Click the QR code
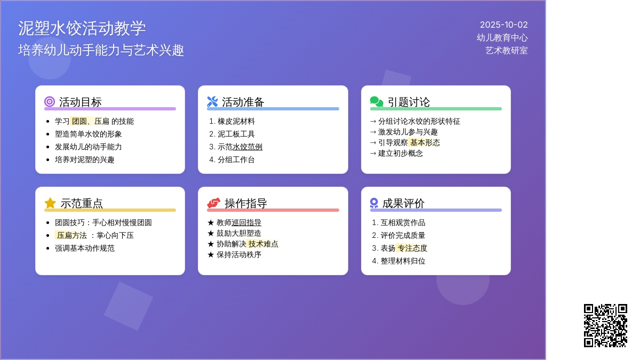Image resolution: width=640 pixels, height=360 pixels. click(605, 325)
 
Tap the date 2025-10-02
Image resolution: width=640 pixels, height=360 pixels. click(503, 25)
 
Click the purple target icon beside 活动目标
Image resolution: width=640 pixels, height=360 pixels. click(50, 102)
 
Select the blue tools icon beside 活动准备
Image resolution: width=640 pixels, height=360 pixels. click(212, 102)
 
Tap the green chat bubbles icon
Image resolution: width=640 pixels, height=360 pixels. click(377, 102)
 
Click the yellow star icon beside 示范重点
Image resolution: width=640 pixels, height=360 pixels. click(50, 203)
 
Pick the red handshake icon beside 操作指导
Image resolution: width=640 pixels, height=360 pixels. click(214, 203)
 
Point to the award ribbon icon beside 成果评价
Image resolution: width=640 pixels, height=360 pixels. click(374, 203)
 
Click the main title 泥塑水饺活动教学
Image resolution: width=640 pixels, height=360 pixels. click(82, 28)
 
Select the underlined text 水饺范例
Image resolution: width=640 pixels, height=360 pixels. click(247, 147)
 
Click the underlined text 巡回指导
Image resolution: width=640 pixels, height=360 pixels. click(246, 222)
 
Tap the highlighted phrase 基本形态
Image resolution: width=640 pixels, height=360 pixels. click(425, 142)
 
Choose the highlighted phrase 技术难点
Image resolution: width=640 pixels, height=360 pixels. click(263, 244)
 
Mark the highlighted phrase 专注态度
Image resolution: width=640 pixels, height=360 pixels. click(412, 249)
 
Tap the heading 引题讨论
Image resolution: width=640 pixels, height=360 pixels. click(409, 102)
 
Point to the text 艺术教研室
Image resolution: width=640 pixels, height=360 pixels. click(506, 51)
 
